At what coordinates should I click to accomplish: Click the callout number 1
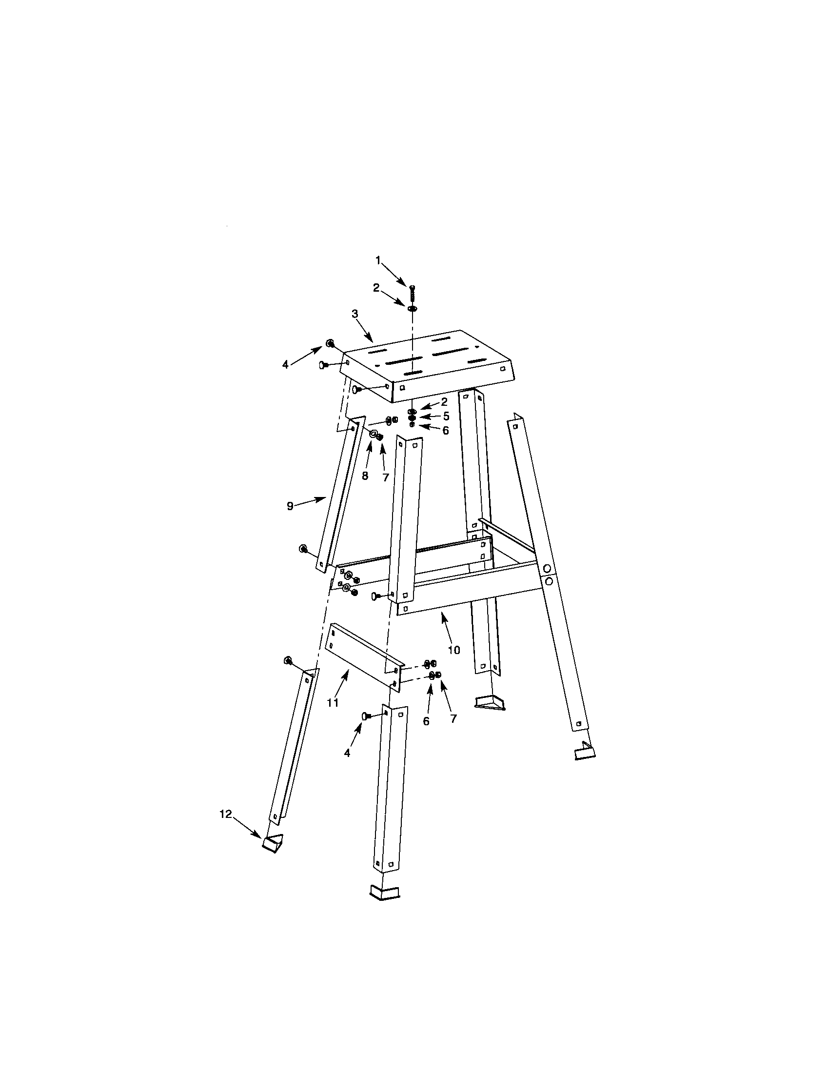coord(378,261)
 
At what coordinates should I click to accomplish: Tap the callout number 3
coord(355,314)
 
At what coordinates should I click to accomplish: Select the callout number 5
coord(446,416)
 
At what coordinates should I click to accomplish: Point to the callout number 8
coord(365,476)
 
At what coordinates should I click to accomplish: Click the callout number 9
coord(290,506)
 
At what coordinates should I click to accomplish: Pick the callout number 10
coord(454,650)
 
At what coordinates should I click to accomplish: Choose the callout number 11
coord(333,703)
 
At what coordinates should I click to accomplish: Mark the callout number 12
coord(225,814)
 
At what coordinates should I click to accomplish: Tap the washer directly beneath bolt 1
coord(412,308)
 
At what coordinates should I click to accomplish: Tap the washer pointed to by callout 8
coord(374,434)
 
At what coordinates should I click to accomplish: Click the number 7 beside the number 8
coord(386,477)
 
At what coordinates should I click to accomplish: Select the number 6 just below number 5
coord(445,430)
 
